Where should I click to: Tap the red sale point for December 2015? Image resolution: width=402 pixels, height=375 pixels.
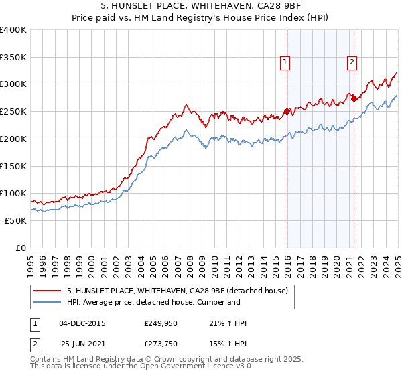click(287, 111)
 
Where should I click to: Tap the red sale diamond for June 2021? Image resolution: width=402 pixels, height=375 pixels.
click(354, 98)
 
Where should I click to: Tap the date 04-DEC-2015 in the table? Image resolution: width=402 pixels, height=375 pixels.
click(82, 323)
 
